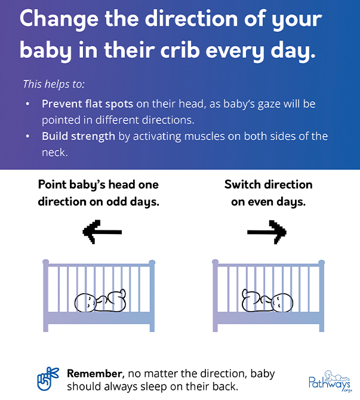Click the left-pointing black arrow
102,232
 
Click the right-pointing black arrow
267,232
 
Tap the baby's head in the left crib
85,303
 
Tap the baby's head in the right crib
282,303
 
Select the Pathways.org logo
330,381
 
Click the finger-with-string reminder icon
48,379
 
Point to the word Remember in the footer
95,374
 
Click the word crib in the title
180,50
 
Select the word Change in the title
59,19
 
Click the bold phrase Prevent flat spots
87,104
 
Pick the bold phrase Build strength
78,136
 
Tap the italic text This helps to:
54,84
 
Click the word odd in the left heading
116,202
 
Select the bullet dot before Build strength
28,137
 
